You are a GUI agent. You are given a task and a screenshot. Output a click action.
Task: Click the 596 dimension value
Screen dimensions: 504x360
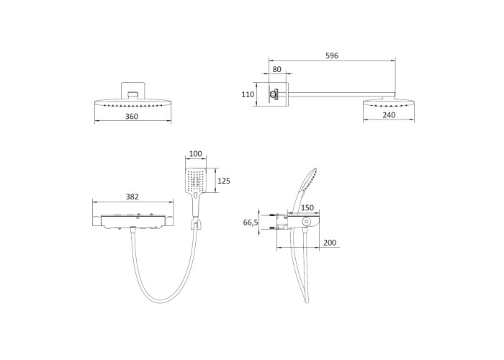point(332,55)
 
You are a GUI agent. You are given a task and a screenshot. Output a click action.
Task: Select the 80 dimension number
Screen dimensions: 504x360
point(276,69)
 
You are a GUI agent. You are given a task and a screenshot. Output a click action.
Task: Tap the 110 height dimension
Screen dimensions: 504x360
point(248,94)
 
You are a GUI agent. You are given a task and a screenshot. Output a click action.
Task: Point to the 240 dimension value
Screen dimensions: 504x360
point(389,114)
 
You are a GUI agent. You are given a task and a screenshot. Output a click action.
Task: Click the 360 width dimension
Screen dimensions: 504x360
point(132,117)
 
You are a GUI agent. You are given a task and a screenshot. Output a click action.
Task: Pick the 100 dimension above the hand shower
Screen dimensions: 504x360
point(195,153)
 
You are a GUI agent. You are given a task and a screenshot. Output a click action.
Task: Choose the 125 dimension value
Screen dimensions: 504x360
point(224,181)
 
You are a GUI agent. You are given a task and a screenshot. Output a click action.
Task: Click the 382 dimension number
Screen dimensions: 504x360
point(132,197)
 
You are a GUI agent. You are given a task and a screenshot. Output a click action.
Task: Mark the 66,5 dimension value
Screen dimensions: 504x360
point(251,222)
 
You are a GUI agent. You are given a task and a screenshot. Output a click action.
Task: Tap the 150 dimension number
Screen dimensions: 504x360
point(307,207)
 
